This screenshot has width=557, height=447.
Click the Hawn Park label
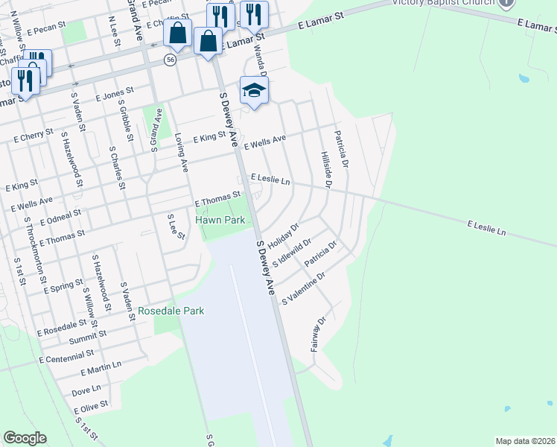tap(220, 221)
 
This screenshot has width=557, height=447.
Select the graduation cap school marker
tap(254, 91)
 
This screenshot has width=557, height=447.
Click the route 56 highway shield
tap(171, 60)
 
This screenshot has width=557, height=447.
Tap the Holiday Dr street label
tap(284, 236)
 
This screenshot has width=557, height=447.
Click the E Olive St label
tap(91, 407)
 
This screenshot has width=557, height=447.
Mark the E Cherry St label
tap(35, 135)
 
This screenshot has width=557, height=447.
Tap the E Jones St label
tap(114, 95)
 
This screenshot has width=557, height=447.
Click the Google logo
tap(25, 438)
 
